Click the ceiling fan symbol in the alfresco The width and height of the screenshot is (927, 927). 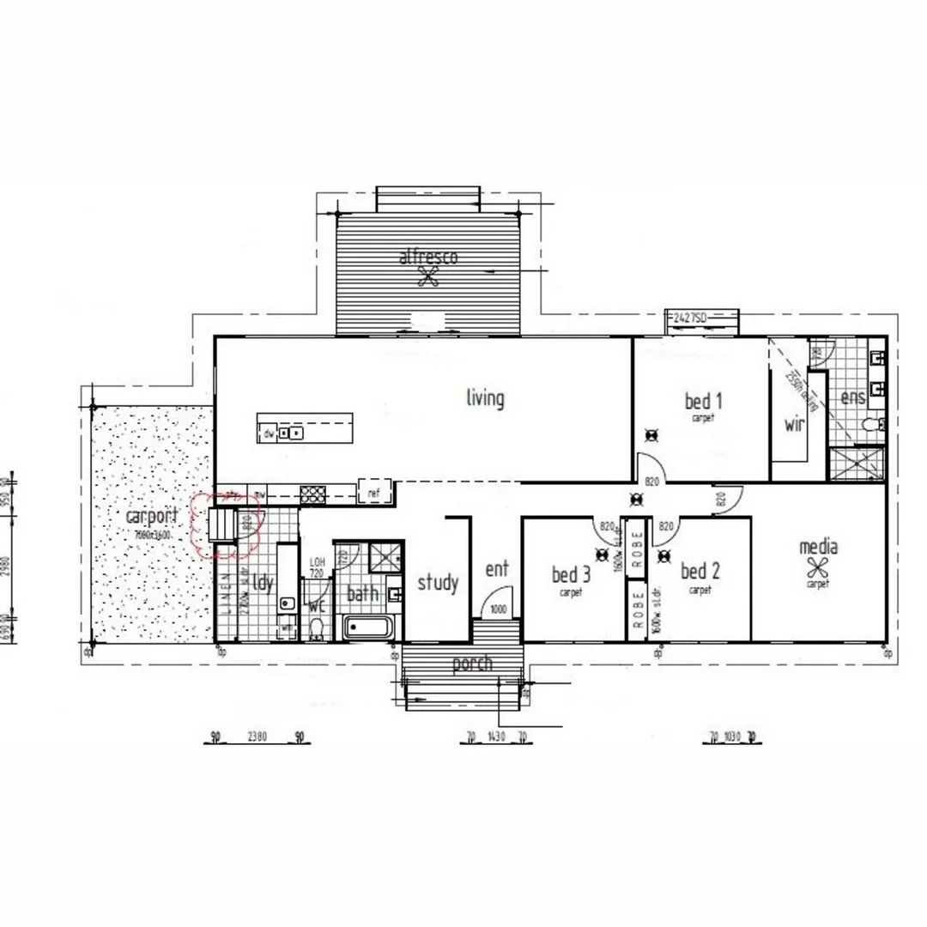pos(427,276)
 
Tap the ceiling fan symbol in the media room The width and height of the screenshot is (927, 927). pos(818,566)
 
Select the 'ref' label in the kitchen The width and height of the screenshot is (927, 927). pos(373,494)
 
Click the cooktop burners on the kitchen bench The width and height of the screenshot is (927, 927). pos(312,494)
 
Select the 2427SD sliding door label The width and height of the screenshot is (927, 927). pos(689,318)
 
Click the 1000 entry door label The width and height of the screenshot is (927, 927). pos(498,609)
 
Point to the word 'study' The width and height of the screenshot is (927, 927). pos(438,583)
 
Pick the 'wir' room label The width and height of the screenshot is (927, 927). pos(795,424)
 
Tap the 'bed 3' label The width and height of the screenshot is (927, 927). pos(572,573)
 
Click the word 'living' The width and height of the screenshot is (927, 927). pos(485,398)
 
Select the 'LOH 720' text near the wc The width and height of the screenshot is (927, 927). pos(317,566)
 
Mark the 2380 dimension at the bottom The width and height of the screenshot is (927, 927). pos(257,736)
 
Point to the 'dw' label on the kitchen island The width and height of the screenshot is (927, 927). pos(269,433)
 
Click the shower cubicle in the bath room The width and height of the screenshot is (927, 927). pos(385,557)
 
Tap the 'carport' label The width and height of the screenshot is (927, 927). pos(152,517)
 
